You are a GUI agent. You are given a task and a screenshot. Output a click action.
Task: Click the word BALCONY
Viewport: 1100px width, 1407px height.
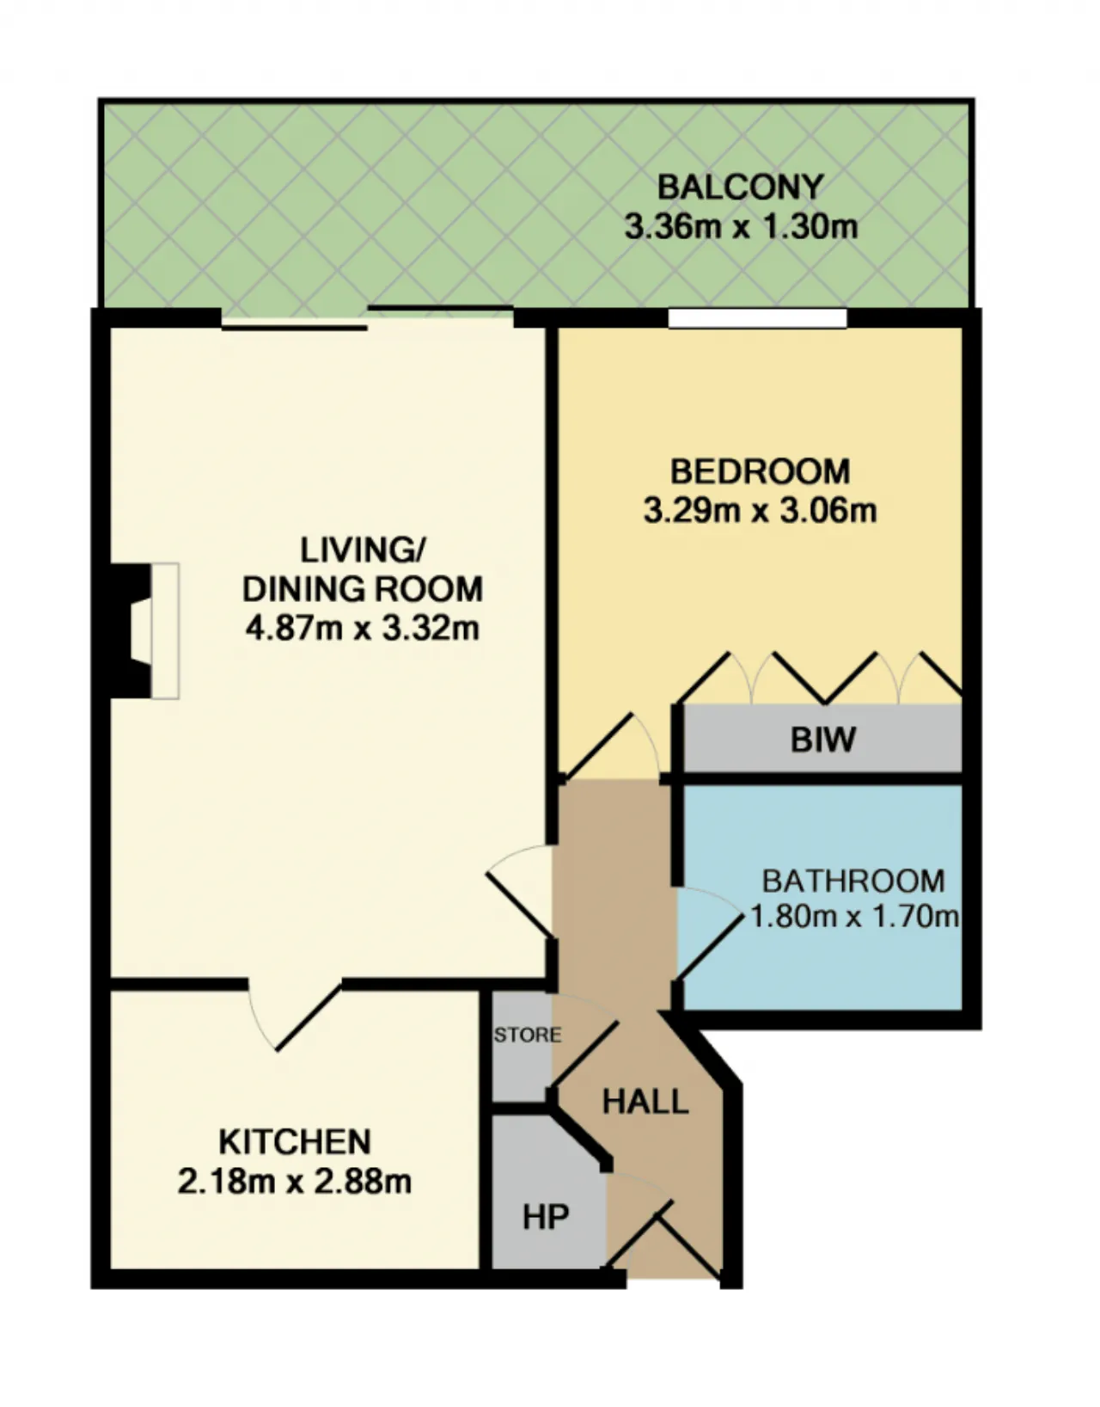(x=741, y=187)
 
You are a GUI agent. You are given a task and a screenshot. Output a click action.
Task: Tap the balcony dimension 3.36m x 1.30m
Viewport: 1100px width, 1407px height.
(x=741, y=227)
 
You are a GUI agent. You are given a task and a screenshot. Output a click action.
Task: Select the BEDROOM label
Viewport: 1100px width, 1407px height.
(x=760, y=471)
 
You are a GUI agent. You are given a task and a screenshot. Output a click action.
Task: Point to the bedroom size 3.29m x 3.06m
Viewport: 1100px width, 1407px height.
(x=760, y=511)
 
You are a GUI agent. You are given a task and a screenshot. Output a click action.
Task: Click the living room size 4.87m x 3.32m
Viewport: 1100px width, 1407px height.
(x=362, y=628)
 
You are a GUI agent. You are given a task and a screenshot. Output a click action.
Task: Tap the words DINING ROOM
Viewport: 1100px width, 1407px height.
(x=362, y=589)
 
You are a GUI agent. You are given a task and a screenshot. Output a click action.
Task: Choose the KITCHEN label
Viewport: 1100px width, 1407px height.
(x=295, y=1141)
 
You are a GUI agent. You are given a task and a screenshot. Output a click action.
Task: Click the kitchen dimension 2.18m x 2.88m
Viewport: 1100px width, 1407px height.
(x=295, y=1181)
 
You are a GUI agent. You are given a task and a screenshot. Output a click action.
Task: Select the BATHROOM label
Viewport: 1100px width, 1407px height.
(x=853, y=882)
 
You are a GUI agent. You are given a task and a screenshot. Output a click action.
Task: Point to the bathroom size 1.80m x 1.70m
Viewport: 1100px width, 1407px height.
(x=854, y=917)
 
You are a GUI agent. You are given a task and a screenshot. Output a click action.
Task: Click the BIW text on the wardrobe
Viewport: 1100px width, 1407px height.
(x=823, y=740)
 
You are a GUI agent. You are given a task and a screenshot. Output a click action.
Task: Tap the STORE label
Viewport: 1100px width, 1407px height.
(x=528, y=1035)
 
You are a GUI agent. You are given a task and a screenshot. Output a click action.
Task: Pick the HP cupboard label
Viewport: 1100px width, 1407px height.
(x=546, y=1217)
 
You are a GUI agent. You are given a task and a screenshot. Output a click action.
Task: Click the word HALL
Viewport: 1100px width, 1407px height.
(x=645, y=1102)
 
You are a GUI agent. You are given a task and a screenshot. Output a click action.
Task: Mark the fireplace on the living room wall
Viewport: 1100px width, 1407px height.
(x=144, y=630)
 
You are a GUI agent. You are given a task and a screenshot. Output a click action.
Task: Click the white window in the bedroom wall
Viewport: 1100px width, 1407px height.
(x=757, y=318)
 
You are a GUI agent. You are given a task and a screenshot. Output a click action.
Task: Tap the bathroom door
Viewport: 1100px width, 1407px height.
(x=709, y=933)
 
